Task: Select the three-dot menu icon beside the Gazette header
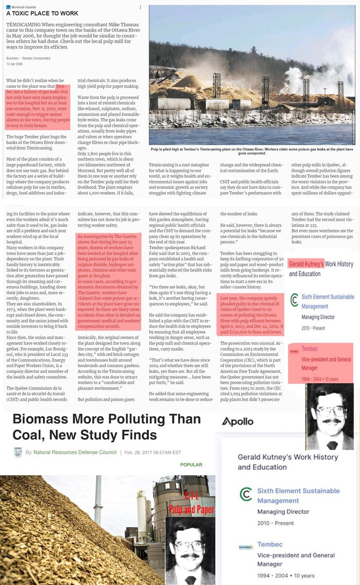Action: (x=141, y=7)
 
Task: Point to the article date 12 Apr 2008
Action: (x=15, y=64)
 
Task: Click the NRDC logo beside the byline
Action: (x=18, y=452)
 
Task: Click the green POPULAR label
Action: (x=191, y=465)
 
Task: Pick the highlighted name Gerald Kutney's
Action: (x=306, y=264)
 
